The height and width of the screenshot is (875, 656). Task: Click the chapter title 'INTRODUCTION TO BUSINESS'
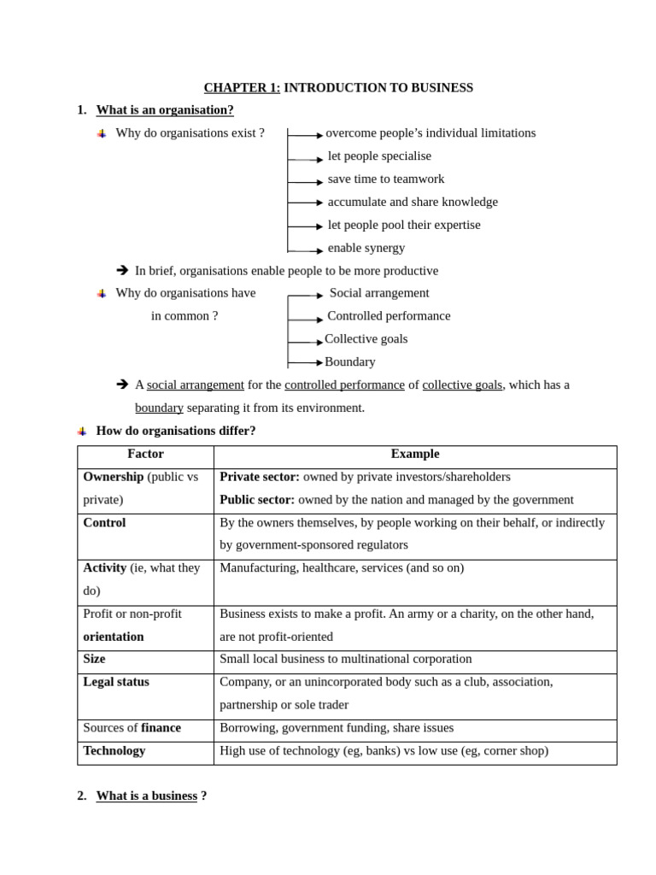(x=378, y=88)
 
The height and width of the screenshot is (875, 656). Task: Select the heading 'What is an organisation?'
(x=165, y=110)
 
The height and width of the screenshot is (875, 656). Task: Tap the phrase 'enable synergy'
(x=366, y=248)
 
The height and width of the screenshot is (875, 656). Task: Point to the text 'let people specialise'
(x=379, y=156)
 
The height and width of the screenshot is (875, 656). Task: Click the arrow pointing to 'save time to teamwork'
(x=305, y=182)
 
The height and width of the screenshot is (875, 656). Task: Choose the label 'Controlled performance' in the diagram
(x=389, y=316)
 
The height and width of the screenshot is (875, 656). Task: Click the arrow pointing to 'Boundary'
(x=305, y=362)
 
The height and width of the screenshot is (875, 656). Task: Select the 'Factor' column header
(x=145, y=455)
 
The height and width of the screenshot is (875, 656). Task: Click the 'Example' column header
(x=415, y=455)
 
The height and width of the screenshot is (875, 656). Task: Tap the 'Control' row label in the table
(x=104, y=523)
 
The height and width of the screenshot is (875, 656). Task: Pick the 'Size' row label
(x=94, y=659)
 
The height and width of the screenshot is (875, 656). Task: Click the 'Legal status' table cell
(x=116, y=682)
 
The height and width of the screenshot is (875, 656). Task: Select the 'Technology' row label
(x=114, y=751)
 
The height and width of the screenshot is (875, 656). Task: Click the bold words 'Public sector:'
(x=257, y=500)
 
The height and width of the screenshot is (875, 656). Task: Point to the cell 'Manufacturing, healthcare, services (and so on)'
(x=342, y=568)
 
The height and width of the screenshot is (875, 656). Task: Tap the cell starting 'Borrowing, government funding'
(x=337, y=728)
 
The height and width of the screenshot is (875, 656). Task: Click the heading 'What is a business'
(x=147, y=796)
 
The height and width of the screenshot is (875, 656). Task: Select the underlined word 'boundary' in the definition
(x=159, y=408)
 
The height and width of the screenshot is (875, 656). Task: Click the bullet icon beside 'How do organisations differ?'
(x=82, y=432)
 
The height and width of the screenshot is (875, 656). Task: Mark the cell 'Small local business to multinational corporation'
(x=345, y=659)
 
